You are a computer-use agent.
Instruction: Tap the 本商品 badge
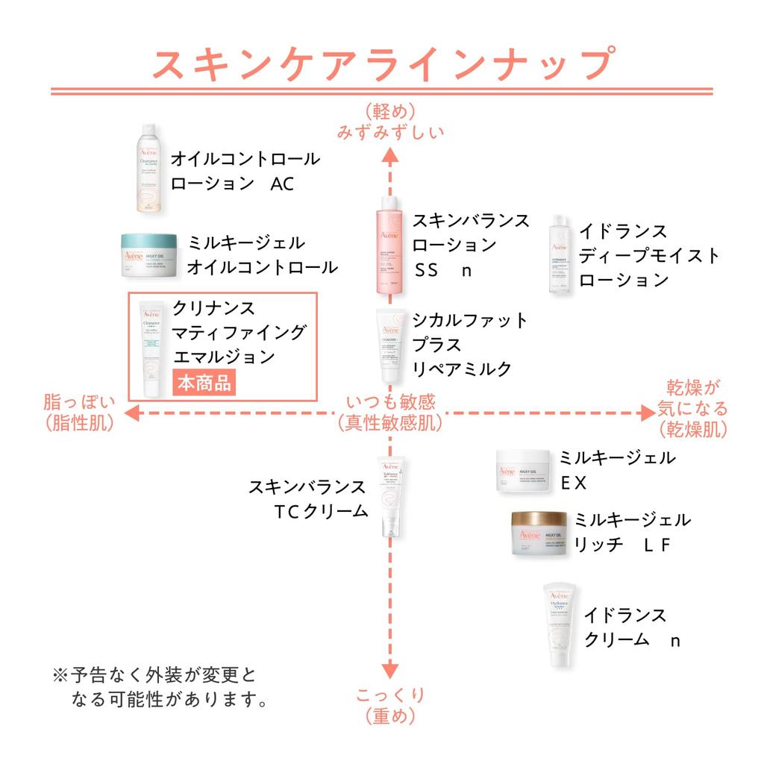202,382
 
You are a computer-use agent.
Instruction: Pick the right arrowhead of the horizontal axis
646,412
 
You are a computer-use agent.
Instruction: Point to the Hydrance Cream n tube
560,625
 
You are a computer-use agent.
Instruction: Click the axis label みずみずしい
390,133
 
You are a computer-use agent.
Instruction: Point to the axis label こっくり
389,695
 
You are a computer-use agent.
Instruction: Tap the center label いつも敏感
389,402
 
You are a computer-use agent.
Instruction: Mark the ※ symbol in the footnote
60,676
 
